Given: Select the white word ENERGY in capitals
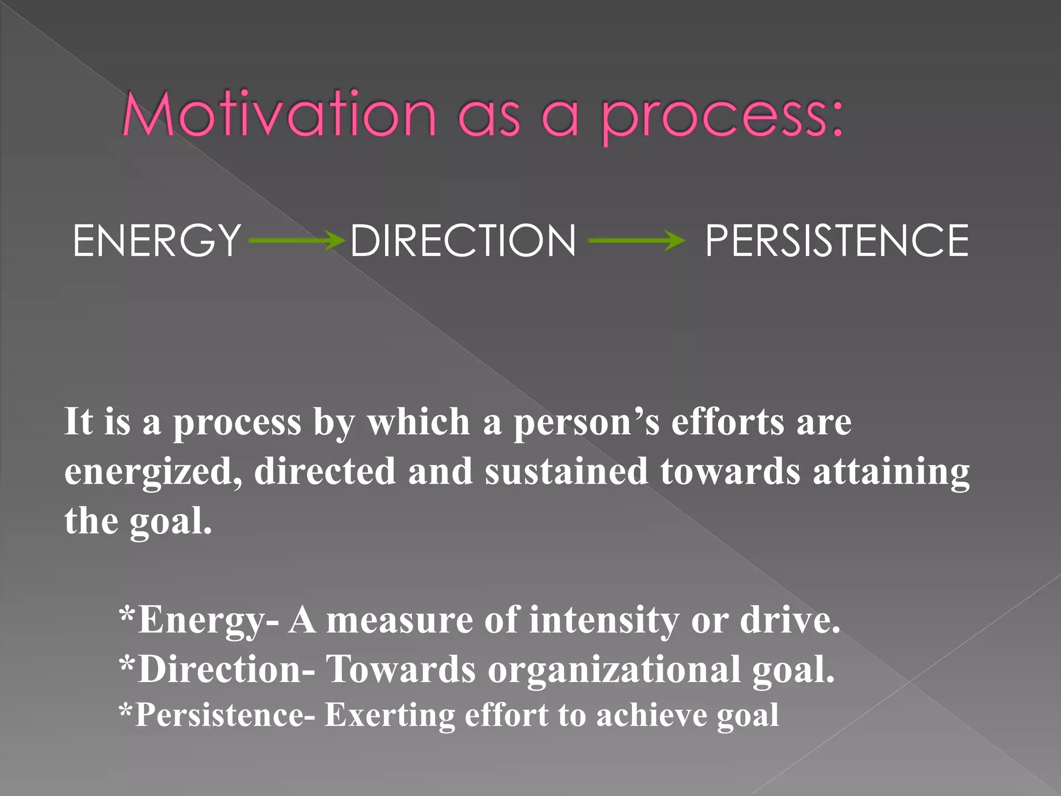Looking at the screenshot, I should click(157, 240).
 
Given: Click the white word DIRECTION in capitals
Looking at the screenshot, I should click(463, 240).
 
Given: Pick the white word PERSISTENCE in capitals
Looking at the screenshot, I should click(837, 240).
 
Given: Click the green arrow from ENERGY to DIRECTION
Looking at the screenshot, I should click(297, 240).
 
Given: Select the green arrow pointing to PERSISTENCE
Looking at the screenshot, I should click(636, 240).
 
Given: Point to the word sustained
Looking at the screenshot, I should click(566, 472).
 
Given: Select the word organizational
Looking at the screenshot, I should click(614, 670).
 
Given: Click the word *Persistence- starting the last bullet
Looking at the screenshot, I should click(217, 715).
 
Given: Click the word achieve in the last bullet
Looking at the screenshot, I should click(651, 715).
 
